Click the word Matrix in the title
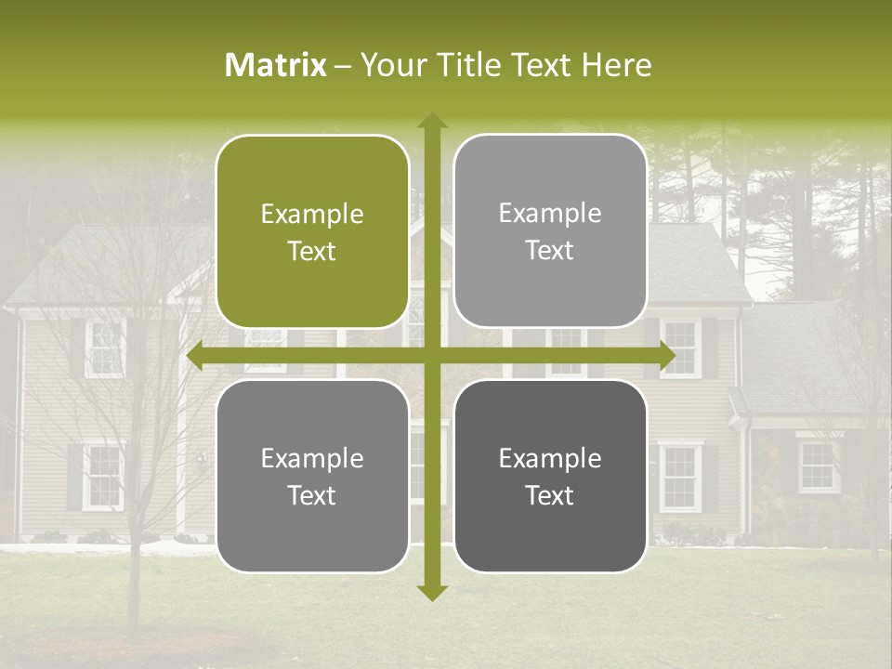click(x=276, y=65)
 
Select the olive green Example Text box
click(x=312, y=232)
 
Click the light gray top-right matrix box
click(x=550, y=231)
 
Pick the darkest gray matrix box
click(x=550, y=477)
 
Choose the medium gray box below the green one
click(x=312, y=477)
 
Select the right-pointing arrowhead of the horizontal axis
click(x=666, y=356)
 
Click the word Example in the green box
click(x=312, y=215)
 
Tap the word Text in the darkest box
click(x=550, y=495)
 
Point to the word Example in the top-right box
click(x=550, y=214)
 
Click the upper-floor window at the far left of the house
click(x=104, y=348)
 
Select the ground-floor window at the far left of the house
click(x=102, y=476)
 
